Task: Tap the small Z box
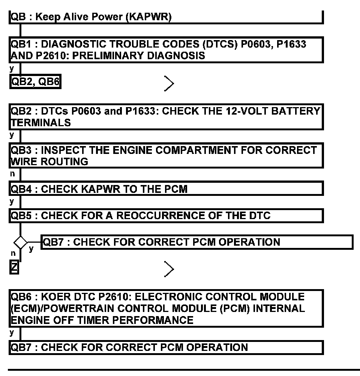click(14, 269)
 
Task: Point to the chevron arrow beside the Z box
click(169, 269)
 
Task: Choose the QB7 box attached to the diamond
click(197, 242)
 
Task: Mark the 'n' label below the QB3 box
click(12, 174)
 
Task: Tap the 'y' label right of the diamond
click(31, 248)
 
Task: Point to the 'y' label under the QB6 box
click(12, 332)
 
